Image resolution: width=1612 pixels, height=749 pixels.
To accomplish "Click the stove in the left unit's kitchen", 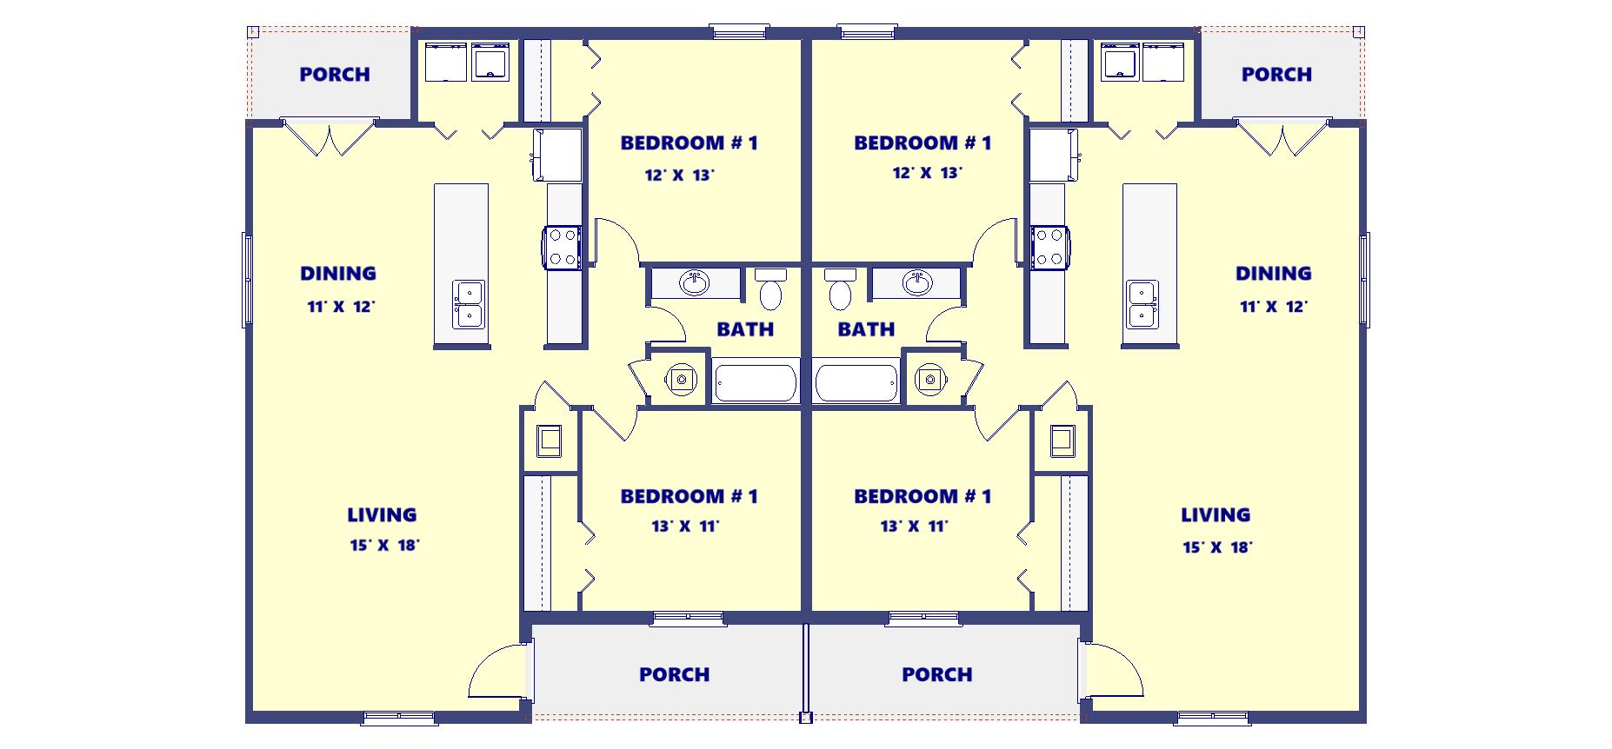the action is pyautogui.click(x=562, y=246).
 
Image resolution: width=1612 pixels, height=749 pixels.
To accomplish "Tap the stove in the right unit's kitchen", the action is pyautogui.click(x=1050, y=246).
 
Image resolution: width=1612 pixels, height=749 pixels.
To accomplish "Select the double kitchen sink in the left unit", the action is pyautogui.click(x=468, y=304).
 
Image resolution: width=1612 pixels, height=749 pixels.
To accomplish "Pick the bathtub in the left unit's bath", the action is pyautogui.click(x=756, y=383).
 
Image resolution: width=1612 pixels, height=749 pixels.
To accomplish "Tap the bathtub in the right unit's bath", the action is pyautogui.click(x=856, y=383).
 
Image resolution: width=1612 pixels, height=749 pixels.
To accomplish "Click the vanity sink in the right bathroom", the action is pyautogui.click(x=916, y=282).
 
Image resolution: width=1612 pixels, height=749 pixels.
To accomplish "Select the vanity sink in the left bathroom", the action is pyautogui.click(x=694, y=282).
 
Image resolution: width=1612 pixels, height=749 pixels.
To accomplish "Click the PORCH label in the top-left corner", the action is pyautogui.click(x=335, y=75).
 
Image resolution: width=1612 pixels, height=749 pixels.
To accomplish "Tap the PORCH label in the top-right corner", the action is pyautogui.click(x=1276, y=75).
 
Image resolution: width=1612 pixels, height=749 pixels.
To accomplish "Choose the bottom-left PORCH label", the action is pyautogui.click(x=674, y=674).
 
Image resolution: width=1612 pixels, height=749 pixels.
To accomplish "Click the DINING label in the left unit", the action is pyautogui.click(x=338, y=274).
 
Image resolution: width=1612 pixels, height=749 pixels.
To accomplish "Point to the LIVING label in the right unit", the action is pyautogui.click(x=1216, y=515).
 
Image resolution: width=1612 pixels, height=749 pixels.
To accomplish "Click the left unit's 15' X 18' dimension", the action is pyautogui.click(x=384, y=546).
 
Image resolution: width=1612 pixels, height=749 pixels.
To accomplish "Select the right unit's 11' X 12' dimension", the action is pyautogui.click(x=1274, y=307).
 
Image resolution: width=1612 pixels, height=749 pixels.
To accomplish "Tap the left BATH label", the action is pyautogui.click(x=745, y=329).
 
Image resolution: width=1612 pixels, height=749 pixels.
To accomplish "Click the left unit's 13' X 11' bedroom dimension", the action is pyautogui.click(x=685, y=526).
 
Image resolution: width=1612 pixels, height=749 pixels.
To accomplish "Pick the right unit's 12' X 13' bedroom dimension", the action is pyautogui.click(x=927, y=173).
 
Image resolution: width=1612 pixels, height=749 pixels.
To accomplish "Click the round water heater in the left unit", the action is pyautogui.click(x=681, y=379).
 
